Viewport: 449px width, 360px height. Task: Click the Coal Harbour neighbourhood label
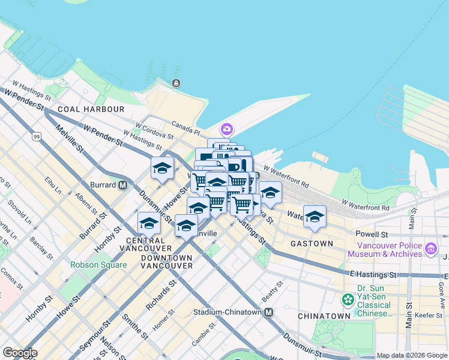(x=91, y=109)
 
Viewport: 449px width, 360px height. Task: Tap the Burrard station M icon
(x=122, y=185)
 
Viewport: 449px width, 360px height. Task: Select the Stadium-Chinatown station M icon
(x=268, y=313)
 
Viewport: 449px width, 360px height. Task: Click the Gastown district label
(x=311, y=244)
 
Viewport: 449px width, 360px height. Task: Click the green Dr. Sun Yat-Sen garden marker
(x=348, y=299)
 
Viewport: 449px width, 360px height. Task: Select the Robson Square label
(x=98, y=265)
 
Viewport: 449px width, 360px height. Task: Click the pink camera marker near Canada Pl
(x=226, y=129)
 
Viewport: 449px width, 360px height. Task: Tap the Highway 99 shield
(x=37, y=137)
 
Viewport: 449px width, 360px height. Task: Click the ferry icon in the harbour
(x=176, y=83)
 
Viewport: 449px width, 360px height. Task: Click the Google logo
(x=20, y=353)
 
